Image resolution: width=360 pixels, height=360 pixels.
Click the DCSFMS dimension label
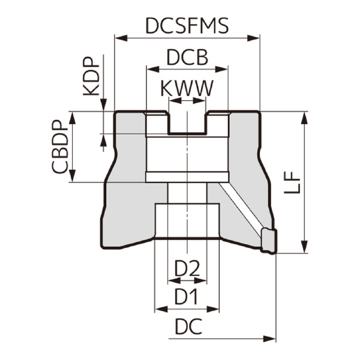(187, 26)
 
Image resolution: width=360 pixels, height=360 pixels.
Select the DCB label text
(187, 58)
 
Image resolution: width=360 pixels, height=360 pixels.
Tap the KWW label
(187, 89)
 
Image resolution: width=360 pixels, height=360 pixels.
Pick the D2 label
(187, 269)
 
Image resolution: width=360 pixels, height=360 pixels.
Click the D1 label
(187, 296)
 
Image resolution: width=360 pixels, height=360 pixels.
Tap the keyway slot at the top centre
(187, 123)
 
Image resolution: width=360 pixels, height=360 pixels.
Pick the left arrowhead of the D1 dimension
(160, 309)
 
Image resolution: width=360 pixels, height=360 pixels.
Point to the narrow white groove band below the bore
(187, 177)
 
